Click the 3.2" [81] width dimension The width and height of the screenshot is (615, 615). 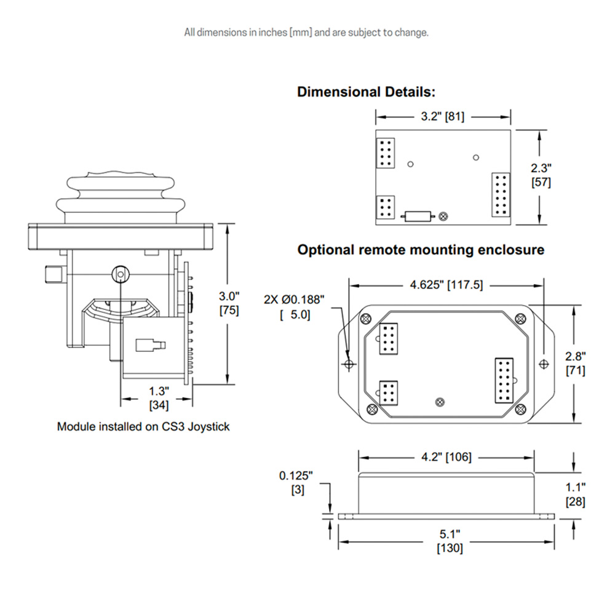443,115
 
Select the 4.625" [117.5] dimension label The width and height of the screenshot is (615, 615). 446,285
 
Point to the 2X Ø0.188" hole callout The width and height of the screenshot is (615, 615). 293,307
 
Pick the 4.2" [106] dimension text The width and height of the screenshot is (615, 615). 446,457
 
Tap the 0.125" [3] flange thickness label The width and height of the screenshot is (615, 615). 296,483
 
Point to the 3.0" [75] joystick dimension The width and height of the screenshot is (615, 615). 229,303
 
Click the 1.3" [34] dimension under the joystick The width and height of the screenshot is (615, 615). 159,397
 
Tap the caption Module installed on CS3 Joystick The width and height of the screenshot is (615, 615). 143,426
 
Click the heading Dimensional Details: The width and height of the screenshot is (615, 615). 367,92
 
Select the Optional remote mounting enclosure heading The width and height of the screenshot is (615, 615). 421,250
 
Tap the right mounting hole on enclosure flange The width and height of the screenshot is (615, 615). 544,364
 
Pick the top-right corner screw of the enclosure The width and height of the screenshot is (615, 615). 520,318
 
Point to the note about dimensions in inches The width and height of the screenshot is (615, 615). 306,32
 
